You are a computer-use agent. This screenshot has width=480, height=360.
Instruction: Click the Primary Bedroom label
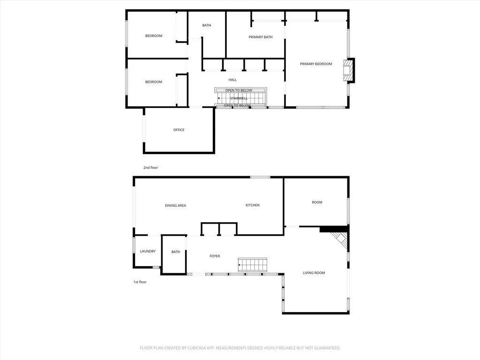(x=316, y=64)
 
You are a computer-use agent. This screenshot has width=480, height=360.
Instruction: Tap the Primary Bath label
(x=261, y=37)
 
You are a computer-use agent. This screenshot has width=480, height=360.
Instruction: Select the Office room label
(x=179, y=130)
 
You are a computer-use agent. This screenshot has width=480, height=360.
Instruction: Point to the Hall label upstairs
(x=232, y=80)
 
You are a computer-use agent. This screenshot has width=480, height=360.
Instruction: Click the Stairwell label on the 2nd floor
(x=239, y=98)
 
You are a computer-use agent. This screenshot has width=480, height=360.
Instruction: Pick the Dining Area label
(x=175, y=205)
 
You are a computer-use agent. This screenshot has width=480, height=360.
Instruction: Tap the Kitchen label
(x=253, y=205)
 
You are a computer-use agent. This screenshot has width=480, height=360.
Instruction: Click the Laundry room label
(x=148, y=251)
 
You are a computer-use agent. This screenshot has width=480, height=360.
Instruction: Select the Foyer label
(x=215, y=256)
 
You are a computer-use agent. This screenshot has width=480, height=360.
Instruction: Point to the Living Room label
(x=314, y=273)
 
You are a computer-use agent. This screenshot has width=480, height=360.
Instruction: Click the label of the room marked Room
(x=317, y=202)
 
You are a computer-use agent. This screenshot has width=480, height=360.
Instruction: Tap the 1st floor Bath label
(x=176, y=252)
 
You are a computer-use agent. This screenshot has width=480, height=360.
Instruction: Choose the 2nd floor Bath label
(x=207, y=25)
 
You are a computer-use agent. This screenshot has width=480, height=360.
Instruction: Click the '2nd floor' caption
(x=151, y=167)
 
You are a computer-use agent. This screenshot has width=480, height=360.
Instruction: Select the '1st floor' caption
(x=140, y=282)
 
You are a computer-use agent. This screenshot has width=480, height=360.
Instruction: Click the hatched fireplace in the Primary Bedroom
(x=348, y=70)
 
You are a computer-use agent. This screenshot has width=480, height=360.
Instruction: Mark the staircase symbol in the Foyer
(x=252, y=264)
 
